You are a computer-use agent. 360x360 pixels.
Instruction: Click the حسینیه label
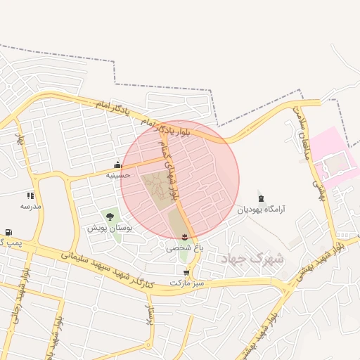coord(117,174)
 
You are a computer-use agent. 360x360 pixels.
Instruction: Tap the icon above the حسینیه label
coord(117,166)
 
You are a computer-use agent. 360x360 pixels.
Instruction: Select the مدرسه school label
coord(30,206)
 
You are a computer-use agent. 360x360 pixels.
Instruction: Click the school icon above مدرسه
coord(30,195)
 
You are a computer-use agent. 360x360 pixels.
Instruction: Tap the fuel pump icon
coord(8,232)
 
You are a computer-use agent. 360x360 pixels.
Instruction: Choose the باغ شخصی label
coord(184,247)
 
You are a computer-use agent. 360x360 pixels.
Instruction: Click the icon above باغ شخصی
coord(184,236)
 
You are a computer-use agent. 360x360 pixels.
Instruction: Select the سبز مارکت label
coord(186,283)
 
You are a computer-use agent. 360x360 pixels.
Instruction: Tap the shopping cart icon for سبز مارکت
coord(186,272)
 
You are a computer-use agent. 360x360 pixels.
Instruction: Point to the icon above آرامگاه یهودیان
coord(261,198)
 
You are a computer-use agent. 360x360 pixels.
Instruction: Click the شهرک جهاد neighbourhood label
coord(252,259)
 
